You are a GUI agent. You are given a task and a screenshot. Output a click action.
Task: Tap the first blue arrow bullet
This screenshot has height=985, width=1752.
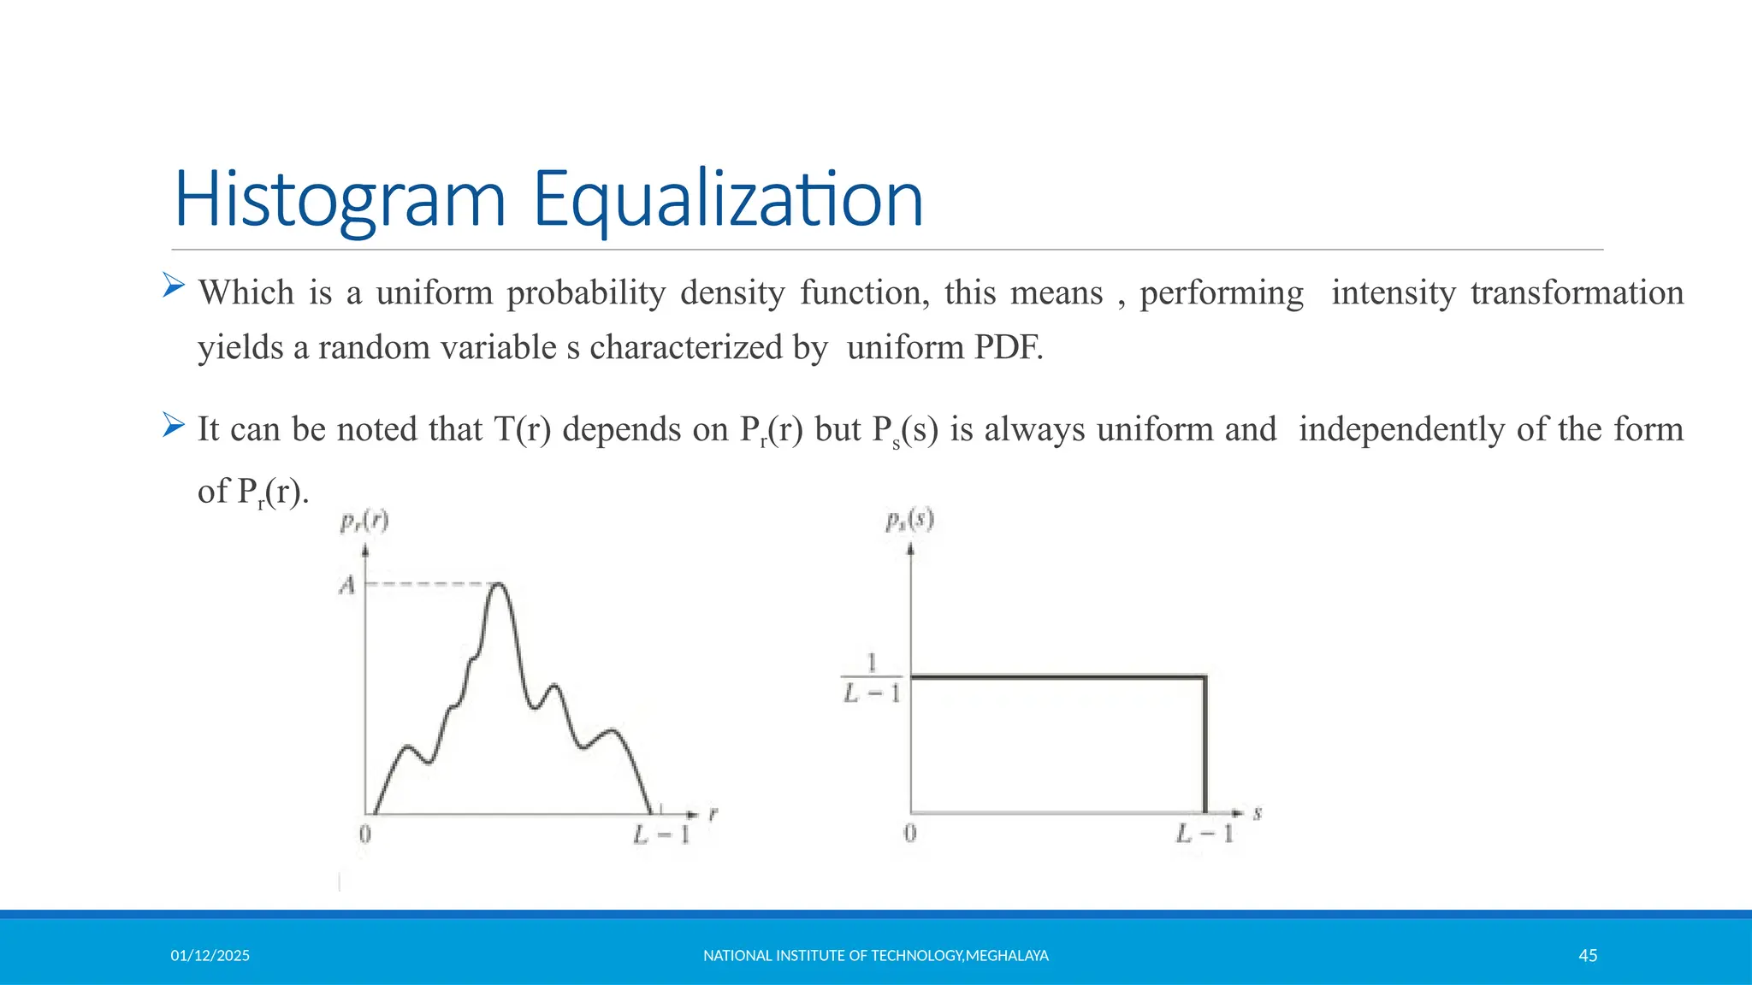coord(174,285)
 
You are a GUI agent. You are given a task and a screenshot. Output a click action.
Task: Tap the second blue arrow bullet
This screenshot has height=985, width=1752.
coord(174,424)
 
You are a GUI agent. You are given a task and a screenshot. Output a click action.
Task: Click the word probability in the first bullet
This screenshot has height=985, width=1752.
coord(586,293)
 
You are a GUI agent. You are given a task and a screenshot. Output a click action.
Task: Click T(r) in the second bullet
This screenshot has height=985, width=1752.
coord(523,429)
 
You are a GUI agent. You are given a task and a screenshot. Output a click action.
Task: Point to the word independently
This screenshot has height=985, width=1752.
coord(1401,429)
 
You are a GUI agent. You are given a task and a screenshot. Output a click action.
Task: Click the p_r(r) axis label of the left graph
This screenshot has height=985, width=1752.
coord(364,521)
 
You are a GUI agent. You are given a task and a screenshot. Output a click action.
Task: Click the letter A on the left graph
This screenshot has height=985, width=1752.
coord(346,586)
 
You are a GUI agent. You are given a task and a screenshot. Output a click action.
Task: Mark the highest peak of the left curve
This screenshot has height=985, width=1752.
coord(499,585)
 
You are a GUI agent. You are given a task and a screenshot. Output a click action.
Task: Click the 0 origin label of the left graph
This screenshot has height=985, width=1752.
coord(365,834)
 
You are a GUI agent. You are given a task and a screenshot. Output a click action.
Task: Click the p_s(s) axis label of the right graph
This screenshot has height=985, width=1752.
coord(909,519)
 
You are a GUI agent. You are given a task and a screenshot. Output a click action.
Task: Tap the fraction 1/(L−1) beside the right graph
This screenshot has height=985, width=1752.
coord(872,678)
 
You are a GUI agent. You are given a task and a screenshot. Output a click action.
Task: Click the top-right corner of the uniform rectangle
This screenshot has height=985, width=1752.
coord(1204,677)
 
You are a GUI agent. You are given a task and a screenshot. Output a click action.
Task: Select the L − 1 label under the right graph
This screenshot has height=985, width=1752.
coord(1204,833)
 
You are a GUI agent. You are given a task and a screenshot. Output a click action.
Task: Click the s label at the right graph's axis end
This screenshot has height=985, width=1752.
coord(1258,813)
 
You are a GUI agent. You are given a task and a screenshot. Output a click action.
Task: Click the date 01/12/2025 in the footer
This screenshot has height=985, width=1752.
coord(210,956)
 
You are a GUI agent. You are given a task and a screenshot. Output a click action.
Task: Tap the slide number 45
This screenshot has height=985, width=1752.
coord(1588,956)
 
